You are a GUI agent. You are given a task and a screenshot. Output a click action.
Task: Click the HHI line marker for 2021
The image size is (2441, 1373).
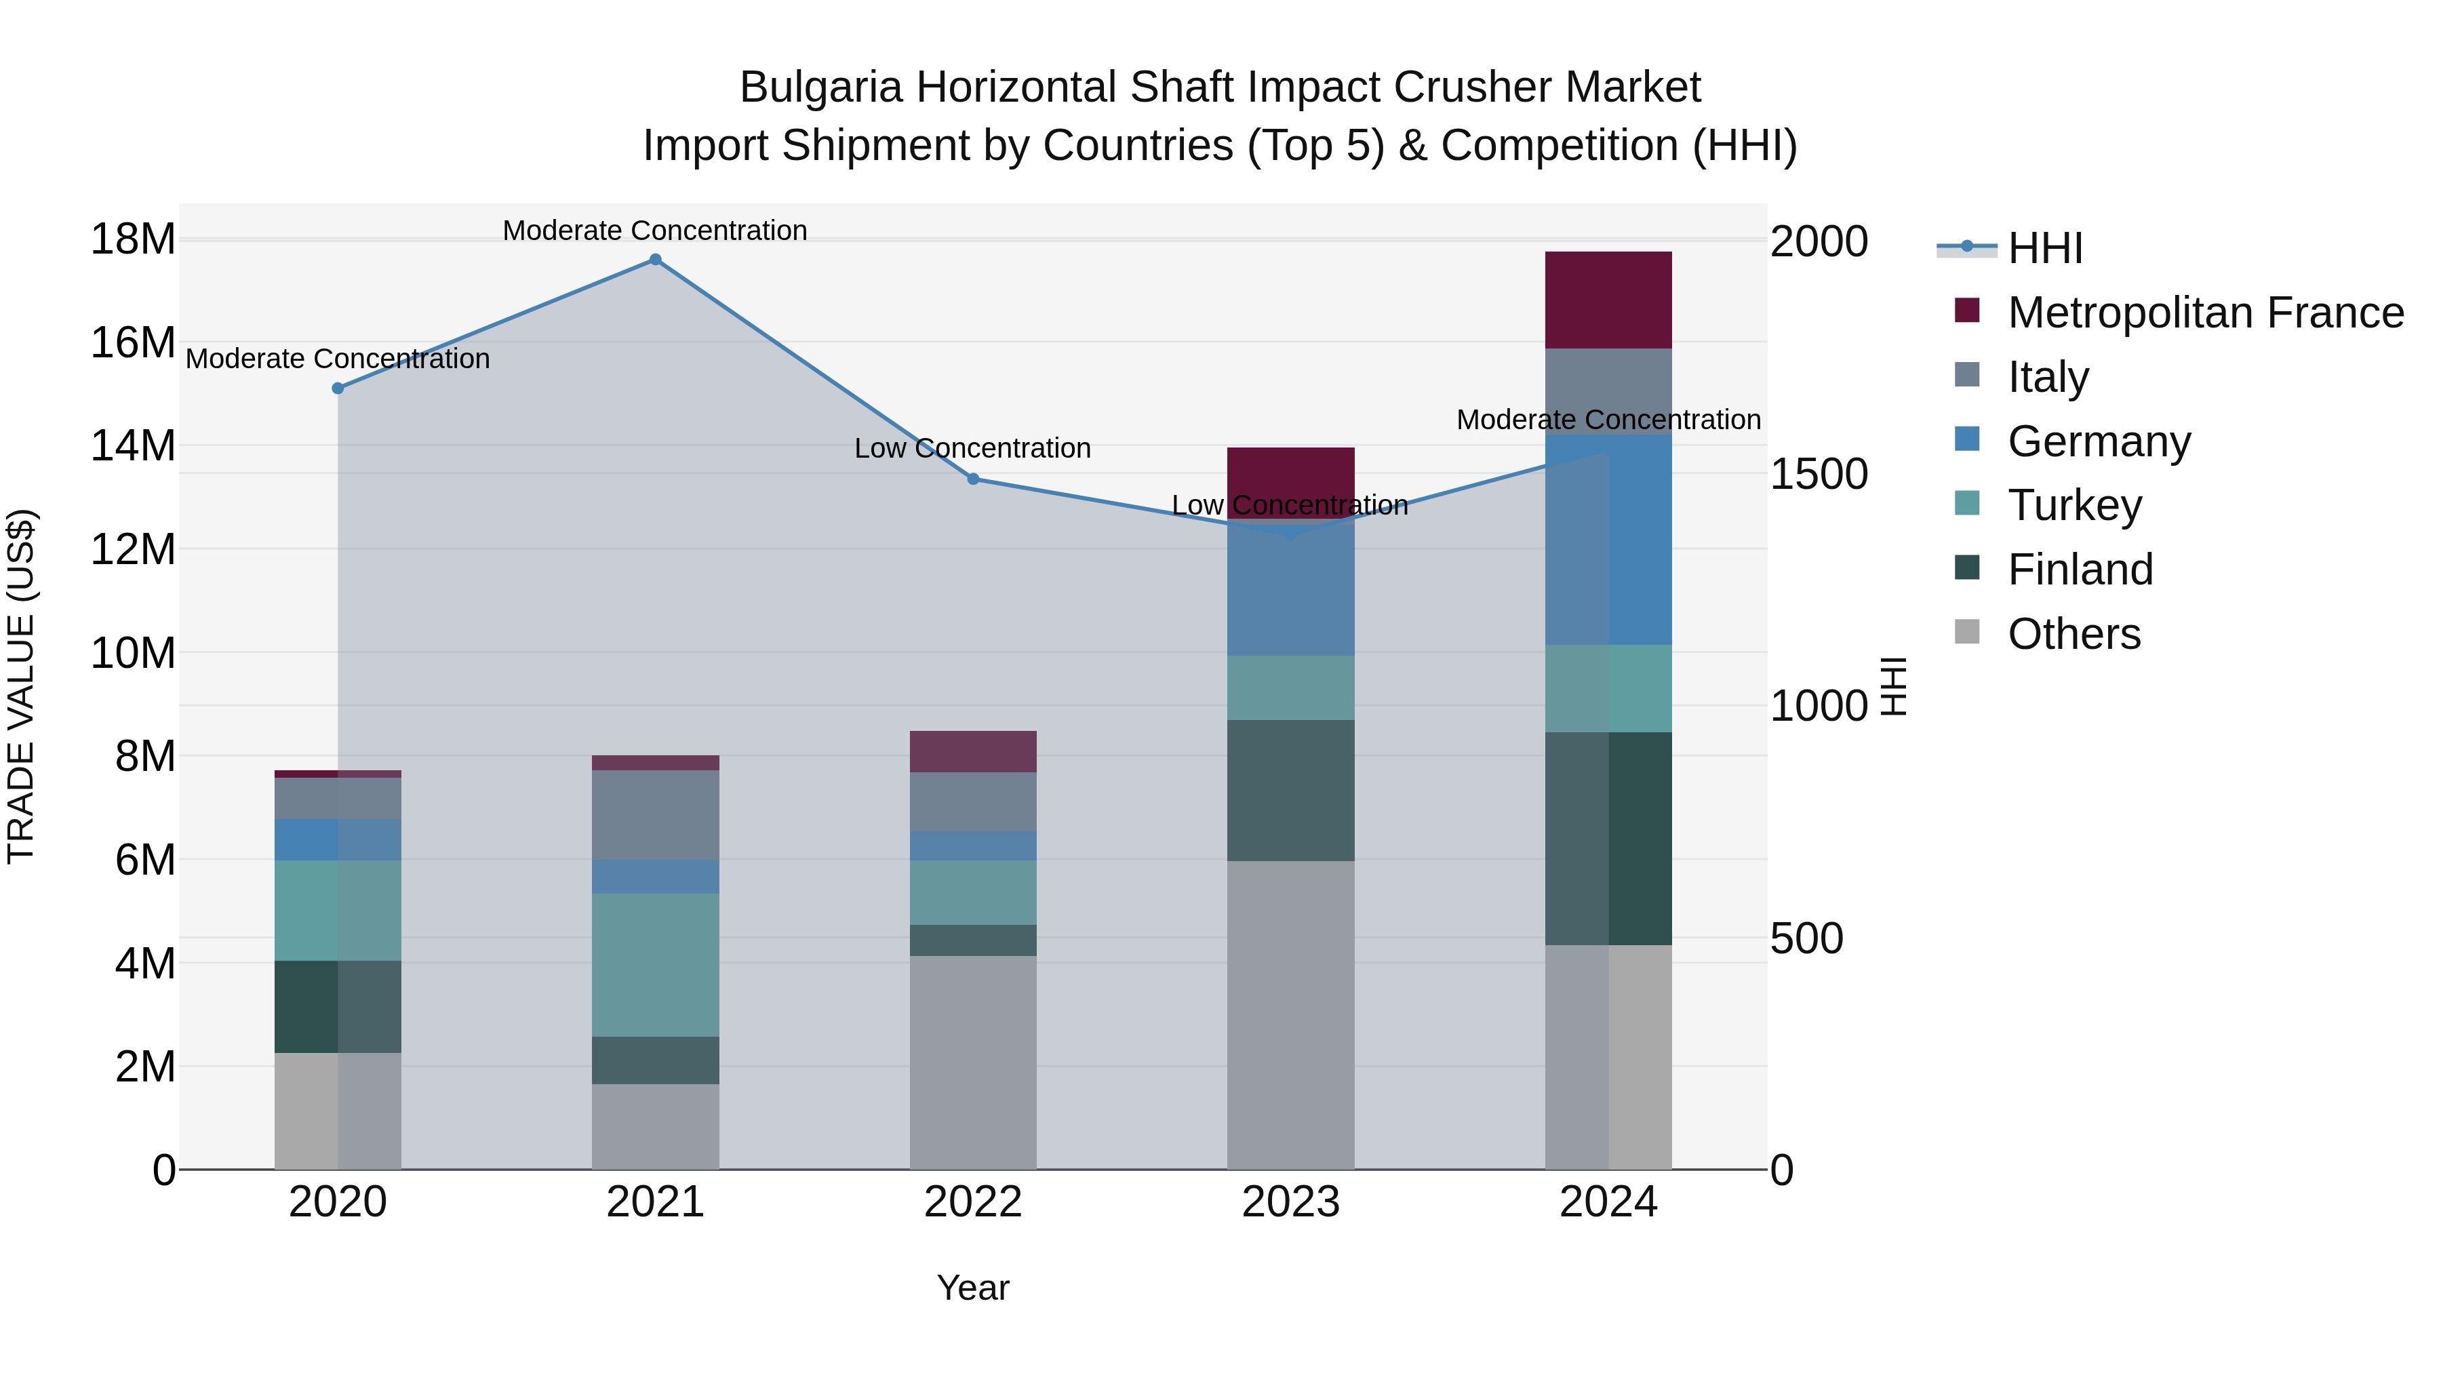(x=655, y=260)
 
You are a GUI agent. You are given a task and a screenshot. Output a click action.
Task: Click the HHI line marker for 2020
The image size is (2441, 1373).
(x=338, y=389)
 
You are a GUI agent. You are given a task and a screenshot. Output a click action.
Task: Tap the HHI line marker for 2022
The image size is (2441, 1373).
(x=973, y=479)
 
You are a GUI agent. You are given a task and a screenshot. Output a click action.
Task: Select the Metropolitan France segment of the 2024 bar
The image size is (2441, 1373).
(x=1608, y=300)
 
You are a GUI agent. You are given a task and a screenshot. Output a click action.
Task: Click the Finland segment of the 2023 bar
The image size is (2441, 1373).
(x=1290, y=791)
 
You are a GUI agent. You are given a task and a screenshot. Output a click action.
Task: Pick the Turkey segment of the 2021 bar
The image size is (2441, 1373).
(x=655, y=965)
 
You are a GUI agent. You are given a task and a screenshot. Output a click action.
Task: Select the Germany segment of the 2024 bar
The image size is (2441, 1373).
(x=1608, y=540)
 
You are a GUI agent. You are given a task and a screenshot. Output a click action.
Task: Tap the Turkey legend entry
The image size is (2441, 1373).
(x=2073, y=505)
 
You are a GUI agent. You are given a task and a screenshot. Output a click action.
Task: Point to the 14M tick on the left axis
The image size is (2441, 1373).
(x=133, y=445)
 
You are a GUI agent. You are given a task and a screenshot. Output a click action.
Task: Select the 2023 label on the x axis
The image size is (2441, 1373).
(x=1290, y=1202)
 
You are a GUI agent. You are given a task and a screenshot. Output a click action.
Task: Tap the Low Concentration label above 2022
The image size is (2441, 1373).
(x=973, y=448)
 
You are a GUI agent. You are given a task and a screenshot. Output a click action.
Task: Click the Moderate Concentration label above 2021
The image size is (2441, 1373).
(x=655, y=231)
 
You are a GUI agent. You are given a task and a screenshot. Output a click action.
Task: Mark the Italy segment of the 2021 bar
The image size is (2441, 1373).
(x=655, y=815)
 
